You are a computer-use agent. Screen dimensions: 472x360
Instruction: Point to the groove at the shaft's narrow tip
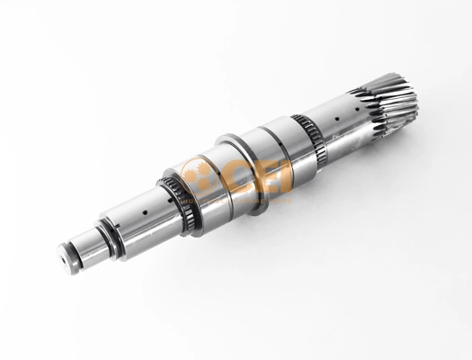tap(76, 256)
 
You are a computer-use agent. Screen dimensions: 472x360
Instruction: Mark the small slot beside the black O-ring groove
tap(118, 225)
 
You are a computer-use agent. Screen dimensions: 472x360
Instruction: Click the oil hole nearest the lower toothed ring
tap(171, 200)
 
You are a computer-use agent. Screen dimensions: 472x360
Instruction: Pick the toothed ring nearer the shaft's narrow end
tap(178, 205)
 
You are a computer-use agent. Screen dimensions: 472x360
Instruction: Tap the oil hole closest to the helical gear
tap(356, 109)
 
